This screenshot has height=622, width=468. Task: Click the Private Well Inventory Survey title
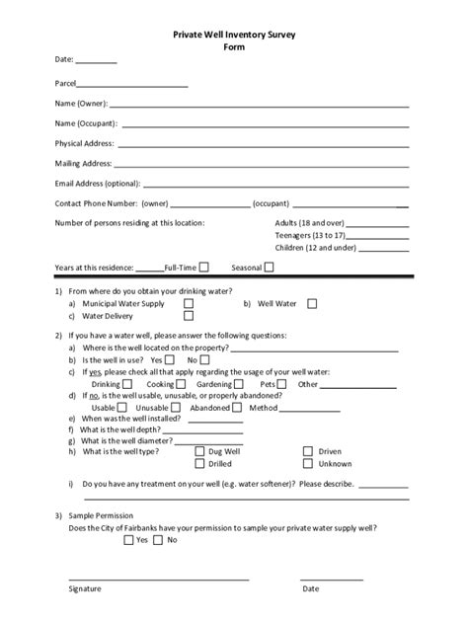[x=234, y=34]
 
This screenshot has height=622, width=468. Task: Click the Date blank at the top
[x=97, y=62]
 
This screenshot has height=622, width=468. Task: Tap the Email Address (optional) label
[x=97, y=183]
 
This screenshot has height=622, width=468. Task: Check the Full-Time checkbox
[x=203, y=267]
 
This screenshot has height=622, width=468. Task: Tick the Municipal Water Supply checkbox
[x=189, y=304]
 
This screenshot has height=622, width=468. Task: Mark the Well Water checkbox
[x=312, y=304]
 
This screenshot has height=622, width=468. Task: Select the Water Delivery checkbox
[x=189, y=317]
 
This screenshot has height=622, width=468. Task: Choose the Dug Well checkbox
[x=200, y=451]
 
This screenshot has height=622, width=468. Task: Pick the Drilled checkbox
[x=200, y=463]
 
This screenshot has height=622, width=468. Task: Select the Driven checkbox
[x=307, y=451]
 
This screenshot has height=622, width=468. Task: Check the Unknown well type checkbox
[x=307, y=463]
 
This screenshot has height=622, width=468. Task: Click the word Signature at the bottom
[x=86, y=588]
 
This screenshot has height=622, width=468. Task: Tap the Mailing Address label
[x=84, y=163]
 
